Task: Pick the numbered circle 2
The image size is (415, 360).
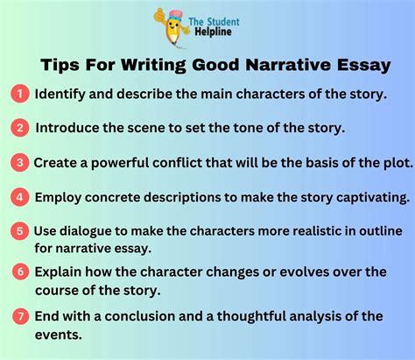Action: pos(18,128)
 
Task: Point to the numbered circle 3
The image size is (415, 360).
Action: pos(18,162)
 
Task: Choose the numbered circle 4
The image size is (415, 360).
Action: pos(18,197)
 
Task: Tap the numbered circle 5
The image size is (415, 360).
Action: pos(18,231)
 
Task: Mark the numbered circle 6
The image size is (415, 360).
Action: pos(18,272)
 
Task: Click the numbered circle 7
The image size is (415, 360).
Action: pos(18,314)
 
